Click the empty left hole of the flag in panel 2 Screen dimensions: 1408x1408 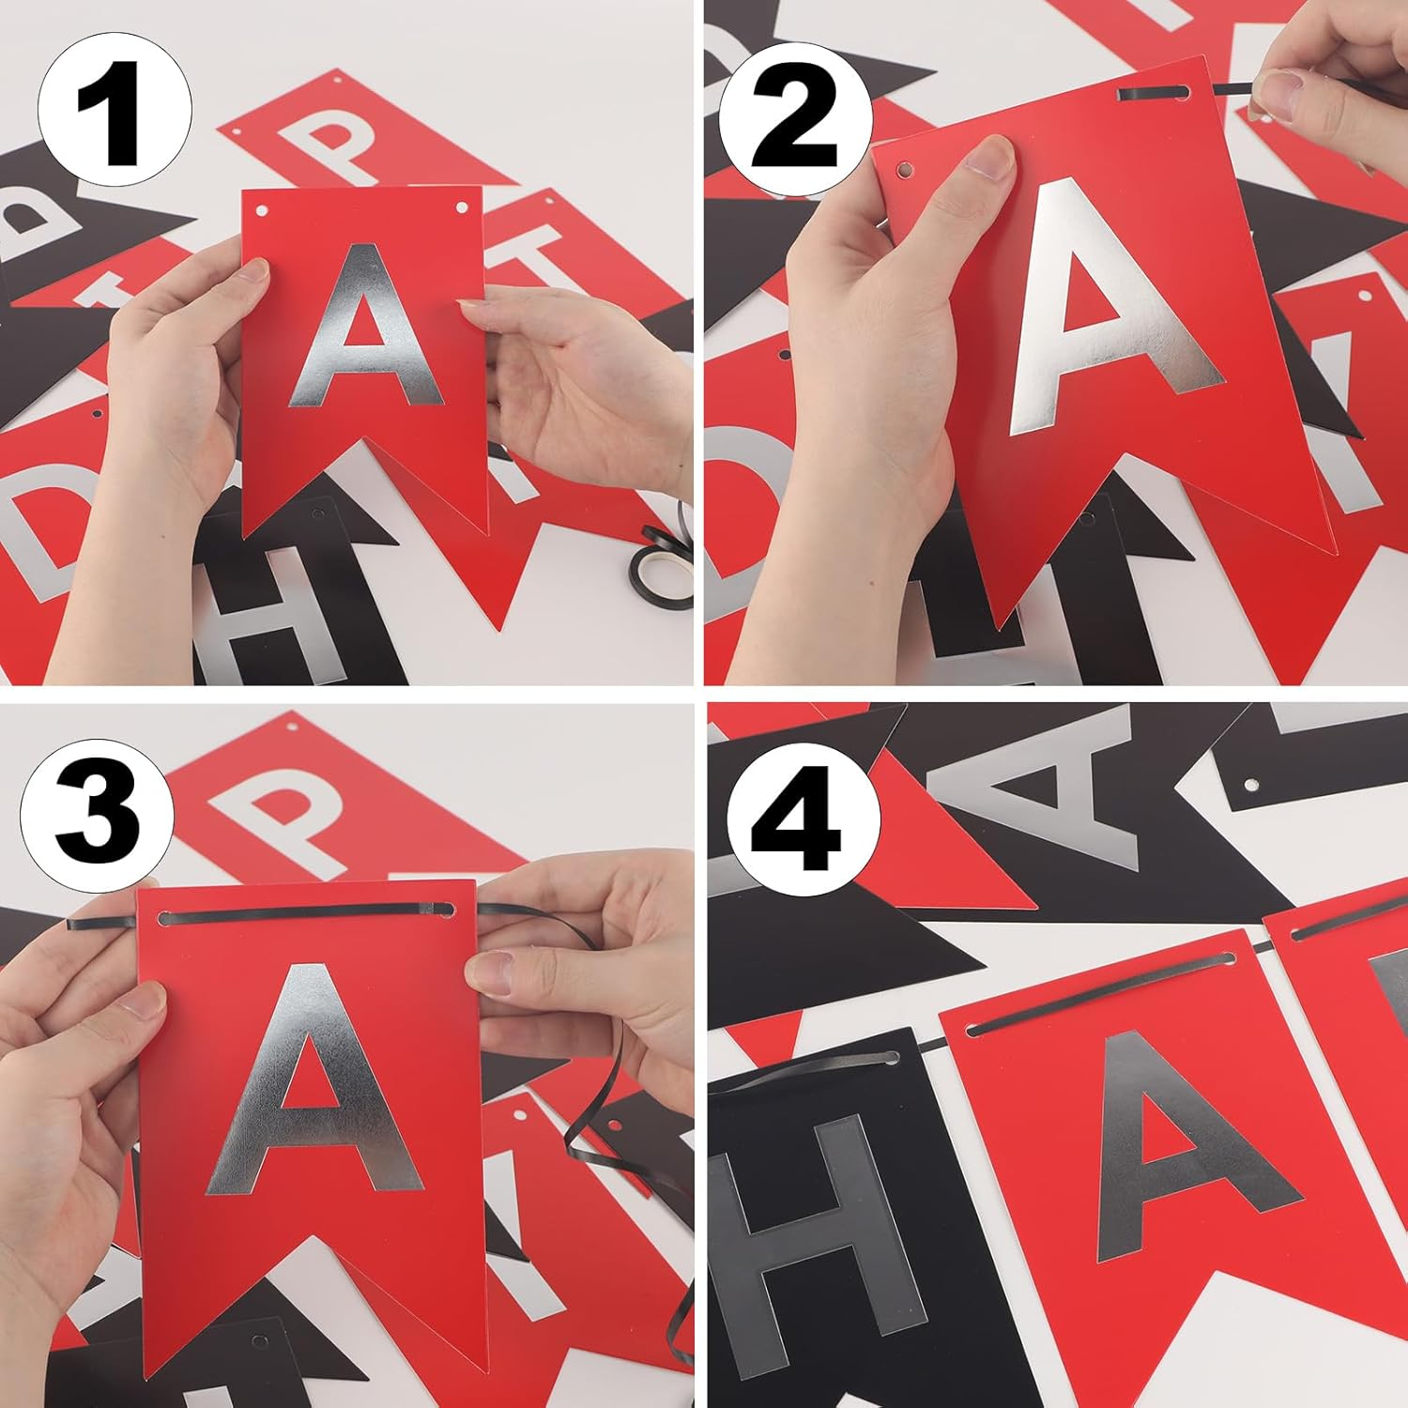(905, 170)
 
